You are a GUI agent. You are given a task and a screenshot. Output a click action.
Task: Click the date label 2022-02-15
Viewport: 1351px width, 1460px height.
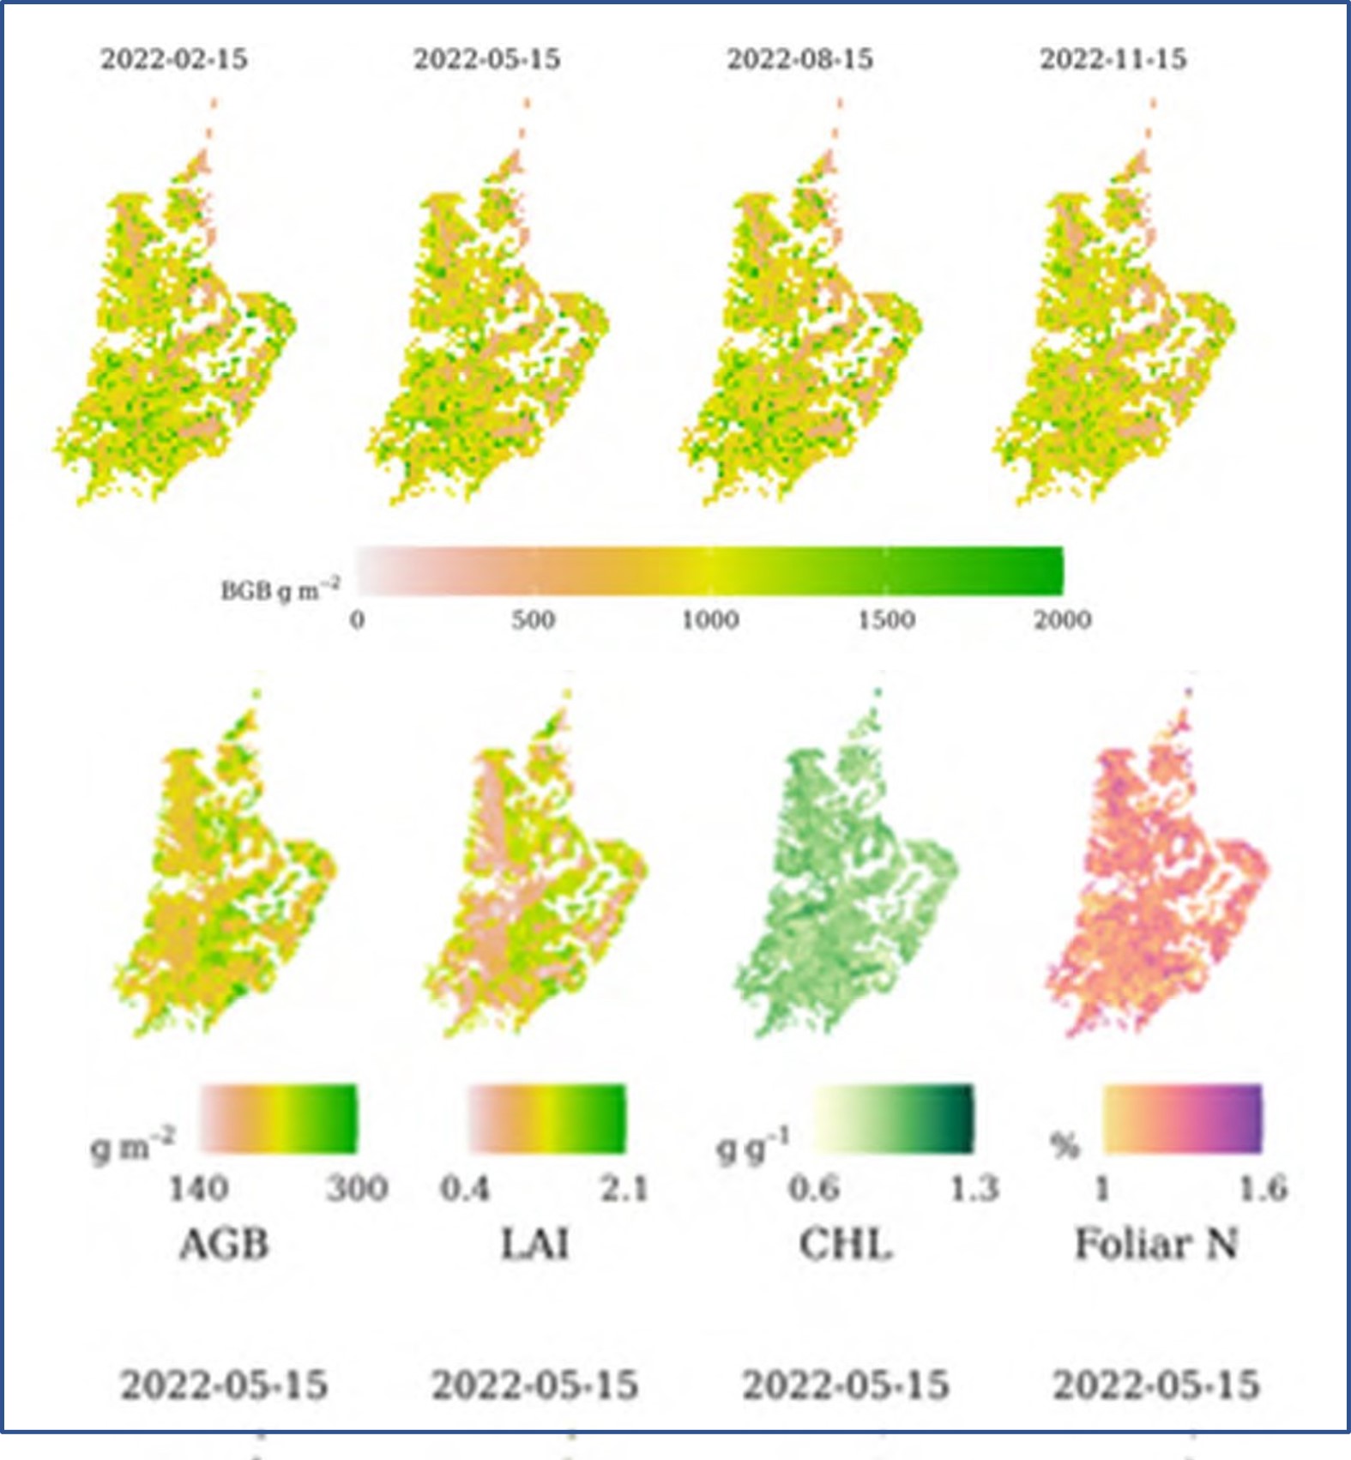[x=174, y=59]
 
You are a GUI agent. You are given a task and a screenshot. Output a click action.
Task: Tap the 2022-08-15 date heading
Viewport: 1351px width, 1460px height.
[x=800, y=59]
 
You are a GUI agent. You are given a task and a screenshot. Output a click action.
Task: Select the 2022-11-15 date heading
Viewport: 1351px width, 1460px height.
[x=1113, y=59]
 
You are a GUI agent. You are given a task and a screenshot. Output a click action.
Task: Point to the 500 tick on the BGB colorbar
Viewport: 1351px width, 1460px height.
[x=533, y=619]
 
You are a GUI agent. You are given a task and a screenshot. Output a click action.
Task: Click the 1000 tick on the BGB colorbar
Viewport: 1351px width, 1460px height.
[x=710, y=619]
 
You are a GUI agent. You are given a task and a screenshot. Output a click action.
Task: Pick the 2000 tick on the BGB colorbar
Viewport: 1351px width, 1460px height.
[x=1062, y=619]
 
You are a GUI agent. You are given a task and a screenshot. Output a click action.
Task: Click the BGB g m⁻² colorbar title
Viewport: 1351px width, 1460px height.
[x=280, y=590]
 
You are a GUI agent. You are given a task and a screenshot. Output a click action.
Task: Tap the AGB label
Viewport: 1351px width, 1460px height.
[x=224, y=1244]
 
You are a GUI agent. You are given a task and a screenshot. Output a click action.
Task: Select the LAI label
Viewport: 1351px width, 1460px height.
[x=535, y=1244]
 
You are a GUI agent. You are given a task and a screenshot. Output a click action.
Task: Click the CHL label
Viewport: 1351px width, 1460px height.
[x=846, y=1244]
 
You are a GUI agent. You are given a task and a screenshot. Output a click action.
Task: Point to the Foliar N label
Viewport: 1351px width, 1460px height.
[x=1156, y=1244]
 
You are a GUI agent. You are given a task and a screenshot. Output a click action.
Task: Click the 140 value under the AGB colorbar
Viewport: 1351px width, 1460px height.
[x=198, y=1189]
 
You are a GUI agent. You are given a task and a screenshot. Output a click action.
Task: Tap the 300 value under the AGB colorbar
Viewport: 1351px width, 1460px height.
[x=357, y=1189]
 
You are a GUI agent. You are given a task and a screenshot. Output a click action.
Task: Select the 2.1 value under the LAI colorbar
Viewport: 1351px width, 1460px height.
[x=624, y=1189]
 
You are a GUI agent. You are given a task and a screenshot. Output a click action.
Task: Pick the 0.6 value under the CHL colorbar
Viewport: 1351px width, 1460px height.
[x=814, y=1189]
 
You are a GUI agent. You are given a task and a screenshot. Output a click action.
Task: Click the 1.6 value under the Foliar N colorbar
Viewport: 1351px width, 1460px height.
[x=1264, y=1189]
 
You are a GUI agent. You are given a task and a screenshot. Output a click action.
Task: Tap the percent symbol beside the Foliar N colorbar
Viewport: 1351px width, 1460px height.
[x=1065, y=1145]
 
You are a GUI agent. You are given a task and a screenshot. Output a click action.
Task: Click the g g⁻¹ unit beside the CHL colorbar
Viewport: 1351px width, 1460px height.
[x=753, y=1147]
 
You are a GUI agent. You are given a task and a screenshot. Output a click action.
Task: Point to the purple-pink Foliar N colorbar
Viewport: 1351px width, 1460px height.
[x=1182, y=1119]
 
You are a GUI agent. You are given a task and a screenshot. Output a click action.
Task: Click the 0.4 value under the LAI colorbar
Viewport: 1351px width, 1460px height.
[x=465, y=1189]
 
